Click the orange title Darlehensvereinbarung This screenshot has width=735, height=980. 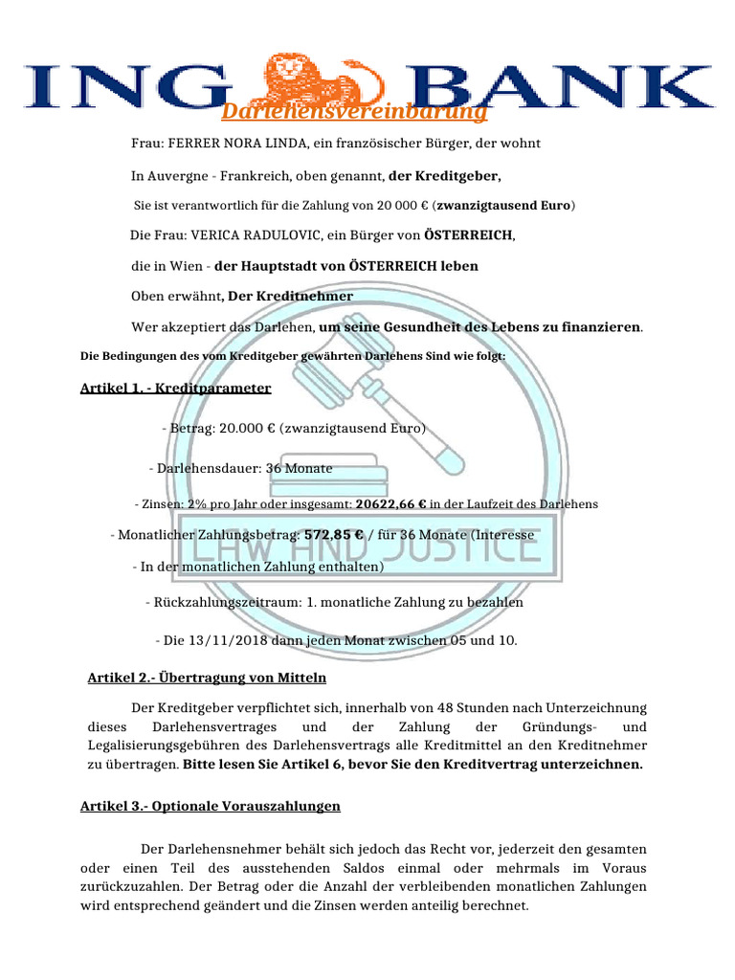click(x=354, y=113)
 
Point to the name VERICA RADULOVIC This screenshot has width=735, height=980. click(x=253, y=234)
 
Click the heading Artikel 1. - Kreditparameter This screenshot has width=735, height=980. click(x=175, y=389)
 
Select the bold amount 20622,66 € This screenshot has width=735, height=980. click(x=390, y=503)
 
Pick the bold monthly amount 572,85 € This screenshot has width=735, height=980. click(x=333, y=536)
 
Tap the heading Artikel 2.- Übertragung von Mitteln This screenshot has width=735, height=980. click(x=207, y=678)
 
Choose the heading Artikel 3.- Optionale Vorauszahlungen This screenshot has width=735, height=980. click(x=210, y=807)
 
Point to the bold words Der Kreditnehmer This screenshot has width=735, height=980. click(x=290, y=296)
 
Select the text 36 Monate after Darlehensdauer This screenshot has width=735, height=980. click(x=300, y=468)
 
